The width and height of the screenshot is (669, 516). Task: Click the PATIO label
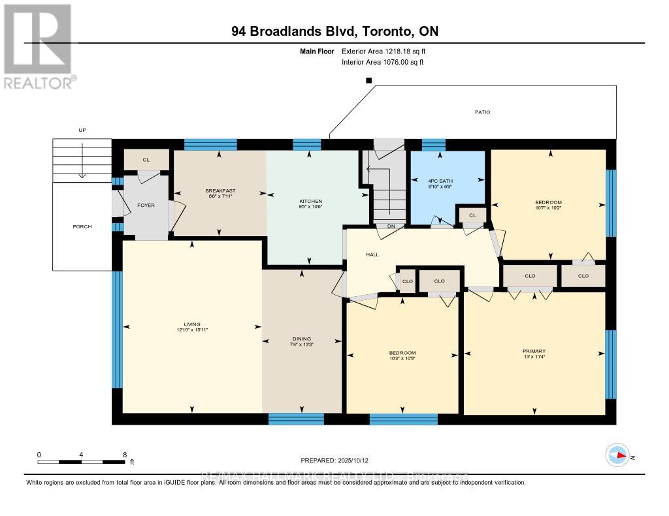(482, 112)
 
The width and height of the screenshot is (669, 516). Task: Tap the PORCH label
(82, 226)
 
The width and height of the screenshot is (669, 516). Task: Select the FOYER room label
(145, 205)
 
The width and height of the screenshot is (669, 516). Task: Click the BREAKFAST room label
(219, 190)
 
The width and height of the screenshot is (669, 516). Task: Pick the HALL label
(372, 254)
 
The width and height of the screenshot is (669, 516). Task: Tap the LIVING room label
(191, 324)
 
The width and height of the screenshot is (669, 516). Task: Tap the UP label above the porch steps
(82, 130)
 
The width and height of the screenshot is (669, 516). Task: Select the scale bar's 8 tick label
(124, 454)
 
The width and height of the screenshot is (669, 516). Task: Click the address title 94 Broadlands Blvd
(334, 31)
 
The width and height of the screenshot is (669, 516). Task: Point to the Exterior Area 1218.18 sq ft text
(383, 51)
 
